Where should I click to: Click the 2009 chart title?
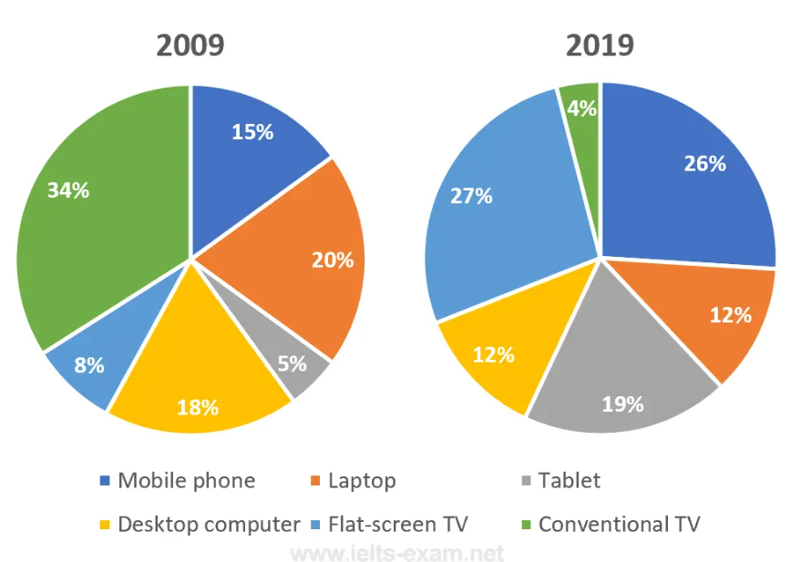(x=190, y=46)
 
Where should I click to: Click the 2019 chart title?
(x=599, y=46)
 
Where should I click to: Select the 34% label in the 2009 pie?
(x=68, y=190)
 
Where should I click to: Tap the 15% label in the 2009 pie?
(x=252, y=132)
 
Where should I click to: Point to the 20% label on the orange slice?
(x=332, y=260)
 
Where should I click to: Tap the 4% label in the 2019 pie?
(x=581, y=108)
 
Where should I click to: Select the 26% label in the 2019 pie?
(x=704, y=164)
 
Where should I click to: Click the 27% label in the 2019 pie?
(x=470, y=195)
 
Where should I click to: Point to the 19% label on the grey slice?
(x=622, y=404)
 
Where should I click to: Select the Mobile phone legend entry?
(x=177, y=480)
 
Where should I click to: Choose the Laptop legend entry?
(x=352, y=480)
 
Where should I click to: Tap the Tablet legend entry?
(x=559, y=480)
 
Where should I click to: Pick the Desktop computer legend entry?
(x=199, y=524)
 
